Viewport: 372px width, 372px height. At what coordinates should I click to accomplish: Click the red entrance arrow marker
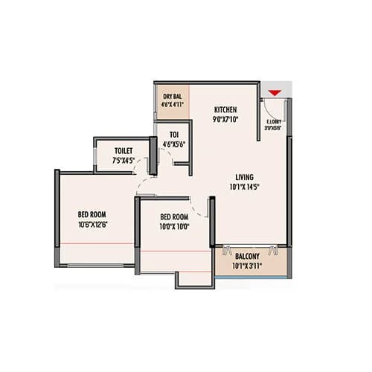click(275, 92)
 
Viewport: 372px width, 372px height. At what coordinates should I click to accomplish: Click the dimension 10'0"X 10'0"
click(177, 227)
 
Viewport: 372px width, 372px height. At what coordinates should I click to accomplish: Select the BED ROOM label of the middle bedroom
click(177, 217)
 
